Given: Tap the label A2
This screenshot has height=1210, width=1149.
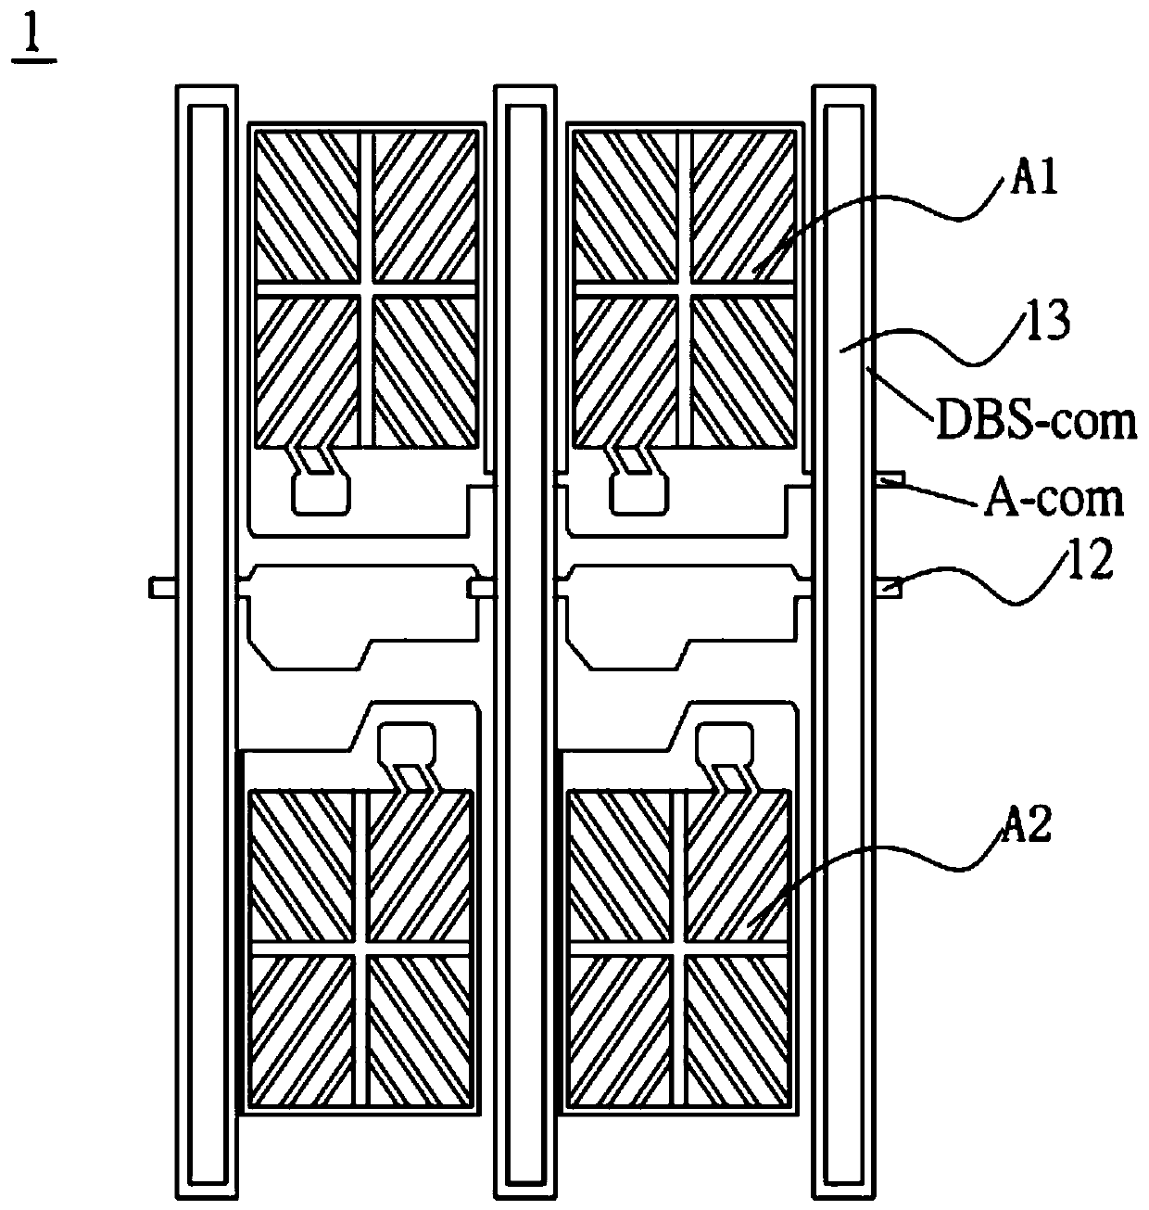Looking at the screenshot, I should (x=1027, y=823).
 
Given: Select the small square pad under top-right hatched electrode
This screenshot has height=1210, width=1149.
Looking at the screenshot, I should (x=638, y=495).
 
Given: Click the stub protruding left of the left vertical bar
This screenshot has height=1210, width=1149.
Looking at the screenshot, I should (x=162, y=587).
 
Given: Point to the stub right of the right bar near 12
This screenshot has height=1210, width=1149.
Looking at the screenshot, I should (x=890, y=586).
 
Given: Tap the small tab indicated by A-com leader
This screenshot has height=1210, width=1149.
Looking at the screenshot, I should (x=890, y=478).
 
